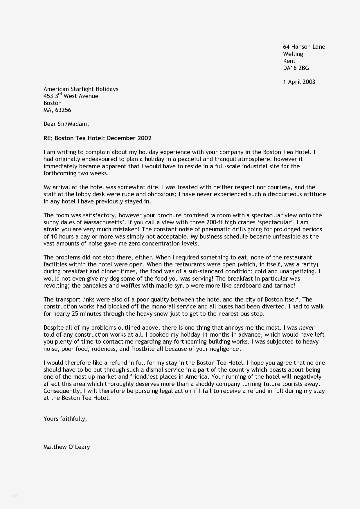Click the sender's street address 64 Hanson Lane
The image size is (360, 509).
point(304,47)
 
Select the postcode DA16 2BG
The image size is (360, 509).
point(296,68)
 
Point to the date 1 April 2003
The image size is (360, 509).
point(299,82)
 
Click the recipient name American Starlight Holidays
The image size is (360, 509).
point(81,89)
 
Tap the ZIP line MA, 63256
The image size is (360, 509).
point(57,110)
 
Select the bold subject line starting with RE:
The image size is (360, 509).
point(98,138)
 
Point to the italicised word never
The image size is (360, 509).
point(307,328)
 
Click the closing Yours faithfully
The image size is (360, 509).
point(65,419)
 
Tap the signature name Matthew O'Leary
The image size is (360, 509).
point(66,447)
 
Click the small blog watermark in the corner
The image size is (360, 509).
point(14,496)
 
